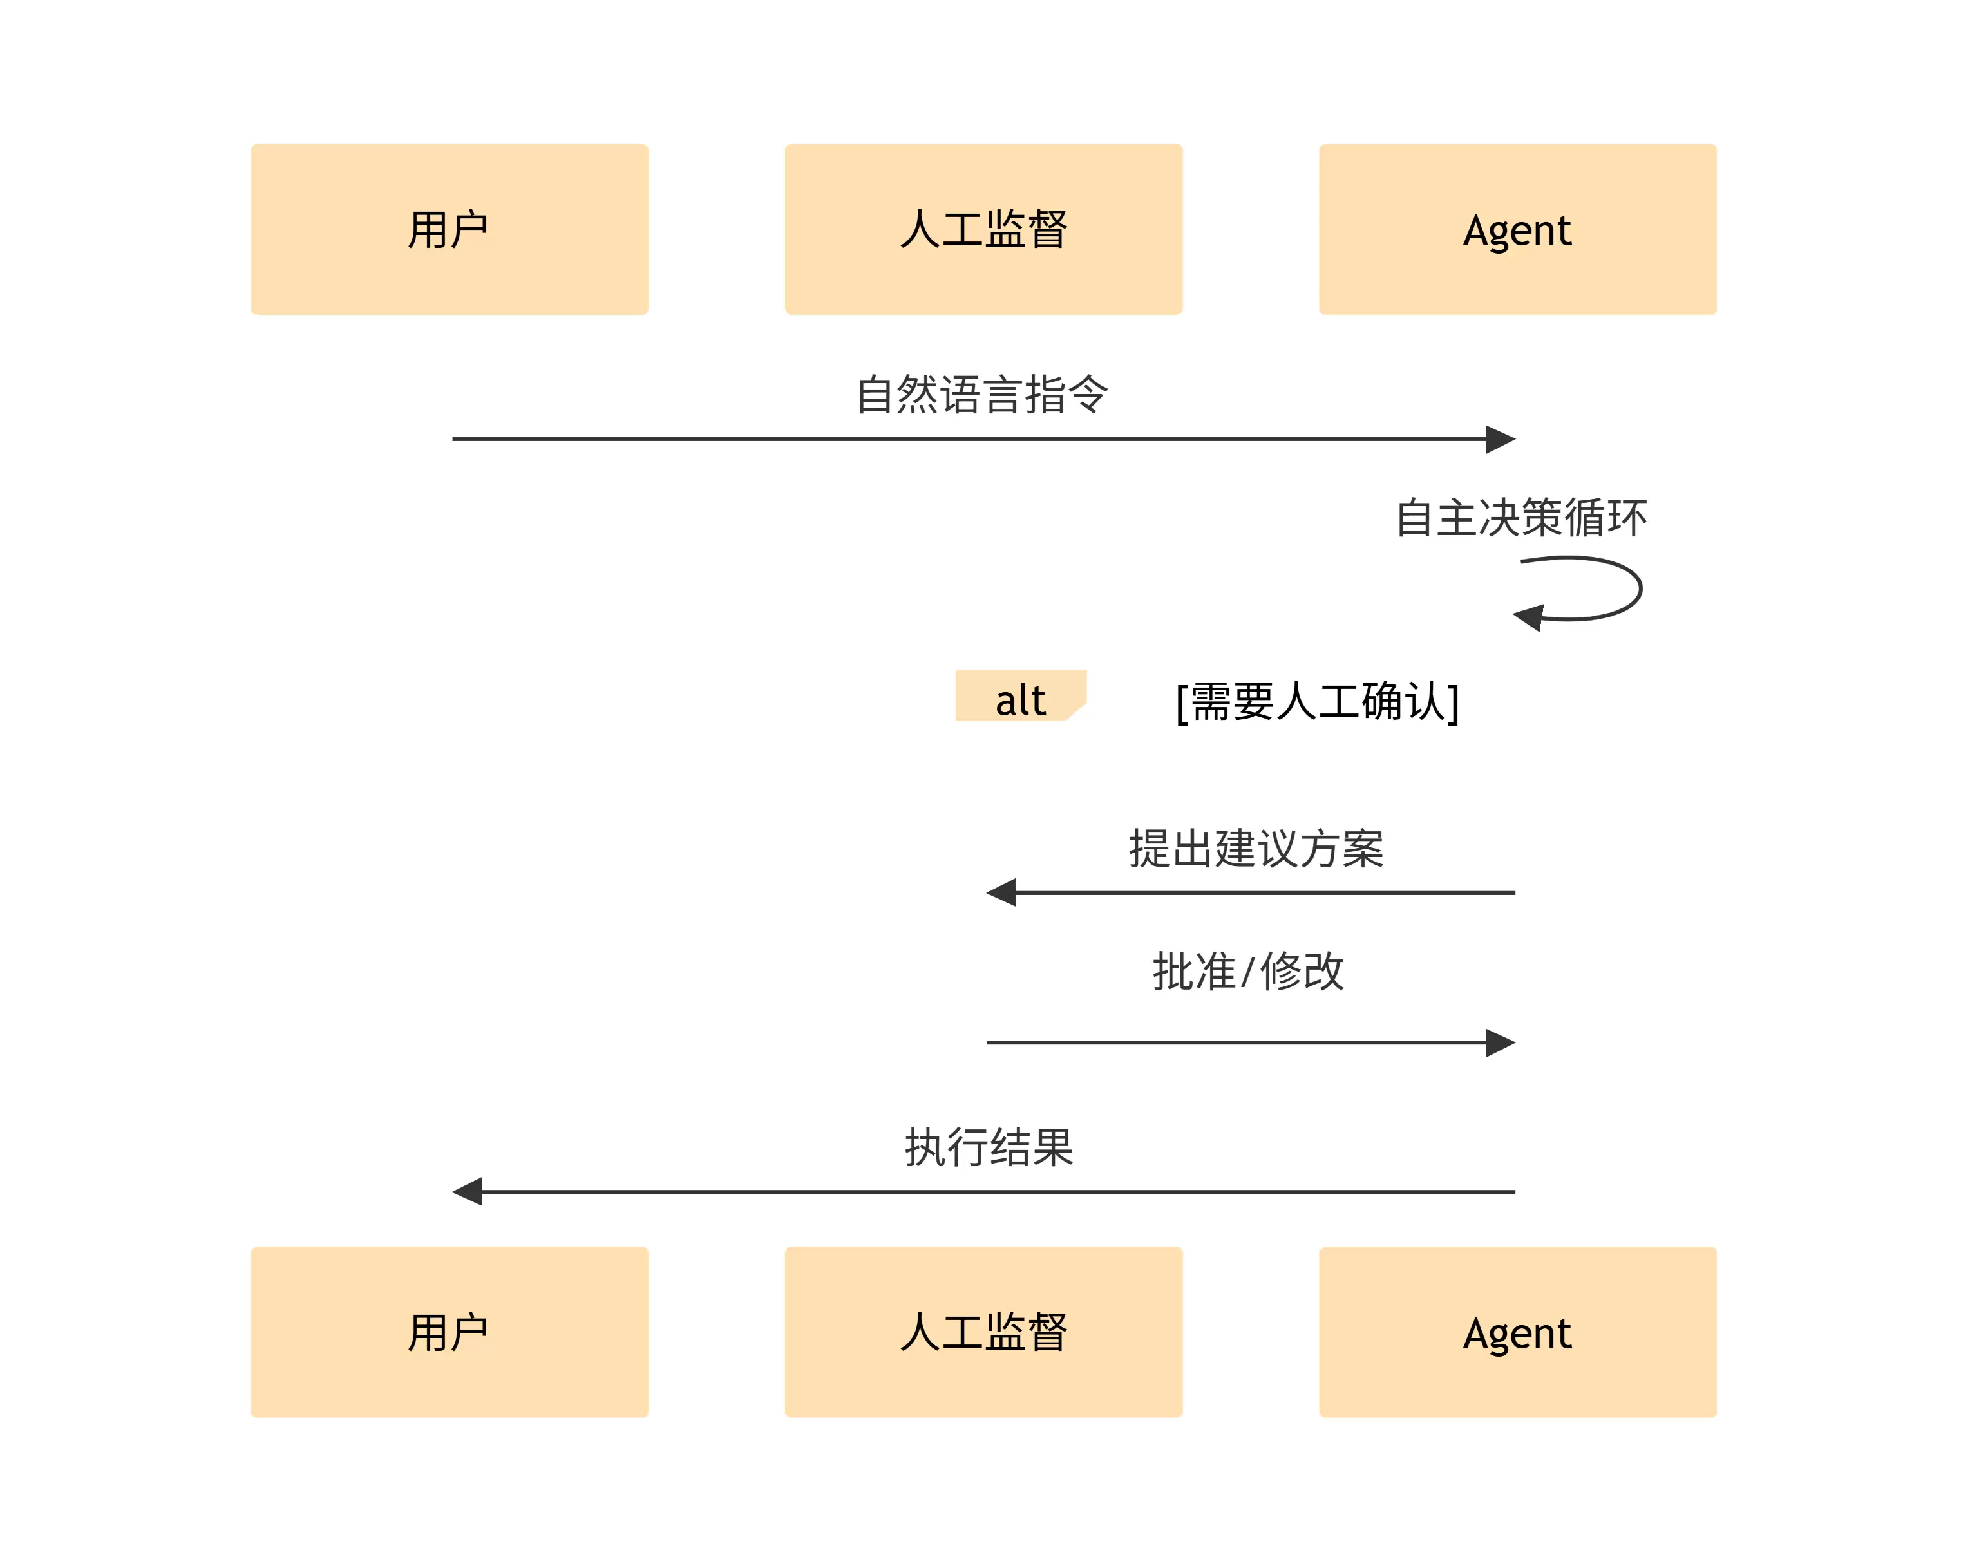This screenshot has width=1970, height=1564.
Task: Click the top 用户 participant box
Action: (450, 229)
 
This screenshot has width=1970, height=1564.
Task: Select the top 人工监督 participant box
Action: (983, 229)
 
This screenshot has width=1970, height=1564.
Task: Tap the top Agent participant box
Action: (1518, 229)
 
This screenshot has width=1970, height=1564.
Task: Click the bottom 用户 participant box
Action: (450, 1332)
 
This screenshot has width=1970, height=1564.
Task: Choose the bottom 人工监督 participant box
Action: (983, 1332)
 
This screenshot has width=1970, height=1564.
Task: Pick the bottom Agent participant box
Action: (1518, 1332)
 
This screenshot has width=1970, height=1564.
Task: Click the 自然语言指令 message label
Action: (982, 395)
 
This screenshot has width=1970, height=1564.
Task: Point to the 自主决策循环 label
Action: (1521, 518)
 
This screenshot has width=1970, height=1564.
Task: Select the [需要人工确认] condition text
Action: (1318, 702)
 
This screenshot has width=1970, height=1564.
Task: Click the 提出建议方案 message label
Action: (1256, 849)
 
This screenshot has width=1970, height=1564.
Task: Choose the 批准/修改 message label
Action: (1248, 971)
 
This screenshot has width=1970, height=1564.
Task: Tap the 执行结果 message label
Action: (989, 1147)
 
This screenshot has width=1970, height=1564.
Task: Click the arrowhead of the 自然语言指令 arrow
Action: (1501, 439)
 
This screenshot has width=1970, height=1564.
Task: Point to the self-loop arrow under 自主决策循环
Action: (1640, 589)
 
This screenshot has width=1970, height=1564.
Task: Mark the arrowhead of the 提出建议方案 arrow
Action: (1001, 892)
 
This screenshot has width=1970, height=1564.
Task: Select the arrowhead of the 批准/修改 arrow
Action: (1501, 1042)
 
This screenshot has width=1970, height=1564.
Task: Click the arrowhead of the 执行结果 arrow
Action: (467, 1191)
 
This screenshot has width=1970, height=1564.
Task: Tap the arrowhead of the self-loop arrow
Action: (1528, 617)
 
